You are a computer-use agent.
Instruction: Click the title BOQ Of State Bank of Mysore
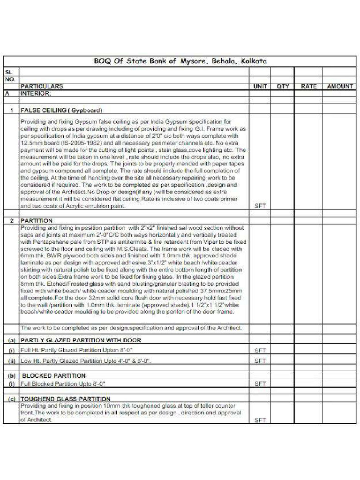180,61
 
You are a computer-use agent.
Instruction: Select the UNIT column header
260,86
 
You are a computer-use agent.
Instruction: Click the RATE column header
308,86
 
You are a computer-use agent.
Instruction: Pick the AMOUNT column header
340,86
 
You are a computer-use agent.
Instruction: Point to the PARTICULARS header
41,86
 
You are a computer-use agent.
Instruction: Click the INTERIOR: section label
38,93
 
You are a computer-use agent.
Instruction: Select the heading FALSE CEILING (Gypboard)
60,110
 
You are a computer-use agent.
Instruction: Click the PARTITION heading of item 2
36,220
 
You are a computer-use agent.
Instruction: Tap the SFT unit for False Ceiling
260,205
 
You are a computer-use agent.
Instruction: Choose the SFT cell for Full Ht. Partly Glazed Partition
260,350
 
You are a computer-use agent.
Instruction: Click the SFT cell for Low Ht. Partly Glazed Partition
260,361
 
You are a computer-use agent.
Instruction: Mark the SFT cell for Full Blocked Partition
260,383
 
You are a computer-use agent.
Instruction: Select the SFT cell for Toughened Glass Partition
260,420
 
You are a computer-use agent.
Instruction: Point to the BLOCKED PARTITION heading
54,375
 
